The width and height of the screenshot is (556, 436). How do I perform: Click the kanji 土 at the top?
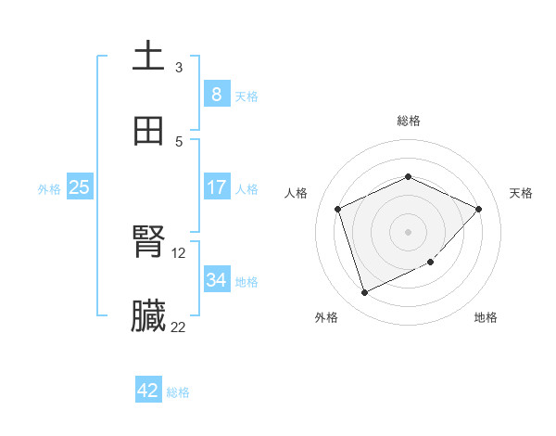tap(148, 57)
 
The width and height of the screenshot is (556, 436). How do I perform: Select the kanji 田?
tap(148, 132)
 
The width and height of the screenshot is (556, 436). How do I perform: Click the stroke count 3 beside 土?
tap(179, 68)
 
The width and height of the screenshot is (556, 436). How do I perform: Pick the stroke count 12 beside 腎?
tap(179, 252)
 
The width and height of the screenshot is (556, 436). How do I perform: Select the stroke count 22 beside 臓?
tap(179, 327)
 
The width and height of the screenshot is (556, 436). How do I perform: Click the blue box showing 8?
tap(216, 95)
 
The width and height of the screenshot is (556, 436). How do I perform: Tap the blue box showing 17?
tap(216, 187)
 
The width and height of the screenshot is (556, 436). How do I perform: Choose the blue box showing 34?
tap(216, 280)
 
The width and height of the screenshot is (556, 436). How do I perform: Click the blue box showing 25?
tap(79, 187)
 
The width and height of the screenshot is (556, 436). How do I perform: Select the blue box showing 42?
tap(148, 391)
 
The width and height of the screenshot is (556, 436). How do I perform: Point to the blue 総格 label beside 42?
tap(179, 392)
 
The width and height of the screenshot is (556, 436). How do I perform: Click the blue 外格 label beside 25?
tap(49, 189)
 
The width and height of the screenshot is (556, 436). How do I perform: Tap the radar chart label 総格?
tap(409, 121)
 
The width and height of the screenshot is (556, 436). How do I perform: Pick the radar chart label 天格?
tap(521, 193)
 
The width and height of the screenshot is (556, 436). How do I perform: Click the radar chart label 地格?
tap(486, 317)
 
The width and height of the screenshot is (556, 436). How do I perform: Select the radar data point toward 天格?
tap(478, 209)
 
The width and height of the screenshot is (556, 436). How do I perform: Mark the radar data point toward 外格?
tap(364, 293)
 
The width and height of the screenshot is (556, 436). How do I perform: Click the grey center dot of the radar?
tap(408, 232)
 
